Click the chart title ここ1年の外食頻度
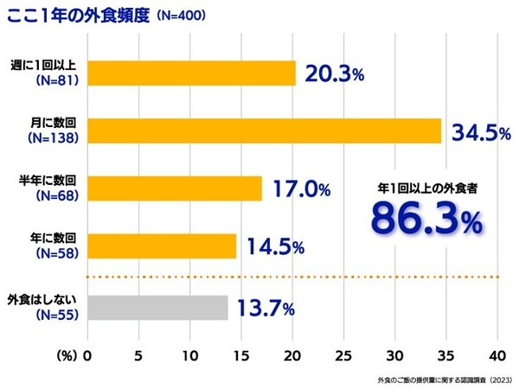pyautogui.click(x=78, y=16)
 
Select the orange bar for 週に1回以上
pyautogui.click(x=191, y=73)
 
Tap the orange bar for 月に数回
pyautogui.click(x=264, y=131)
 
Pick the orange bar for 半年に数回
pyautogui.click(x=174, y=188)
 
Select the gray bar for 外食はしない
pyautogui.click(x=158, y=307)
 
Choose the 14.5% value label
pyautogui.click(x=275, y=246)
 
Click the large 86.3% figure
pyautogui.click(x=426, y=219)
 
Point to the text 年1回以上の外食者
pyautogui.click(x=426, y=185)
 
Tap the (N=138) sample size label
pyautogui.click(x=54, y=138)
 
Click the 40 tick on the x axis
pyautogui.click(x=497, y=355)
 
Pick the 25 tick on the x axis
pyautogui.click(x=344, y=355)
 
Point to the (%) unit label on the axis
pyautogui.click(x=68, y=355)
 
